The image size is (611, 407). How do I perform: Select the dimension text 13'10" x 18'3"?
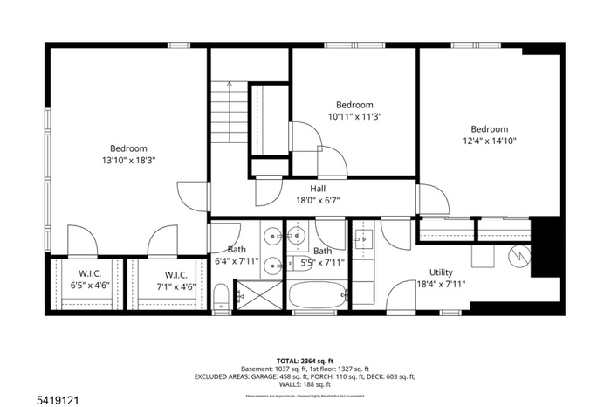pos(128,161)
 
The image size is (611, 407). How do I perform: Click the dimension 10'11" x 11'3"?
pos(354,116)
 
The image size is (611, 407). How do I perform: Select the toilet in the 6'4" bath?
pos(222,297)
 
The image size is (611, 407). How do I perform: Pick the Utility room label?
pos(441,272)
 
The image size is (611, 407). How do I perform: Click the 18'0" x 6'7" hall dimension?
pos(318,200)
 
